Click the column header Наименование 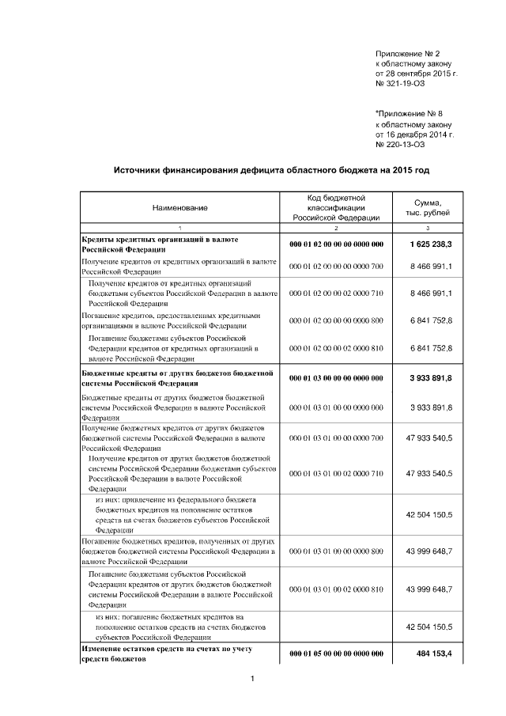pyautogui.click(x=180, y=208)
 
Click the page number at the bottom pyautogui.click(x=251, y=679)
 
